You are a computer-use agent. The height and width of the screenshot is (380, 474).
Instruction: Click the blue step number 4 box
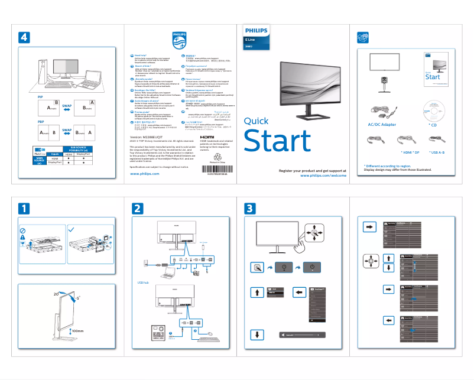24,37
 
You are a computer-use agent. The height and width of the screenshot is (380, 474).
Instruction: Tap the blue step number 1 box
24,208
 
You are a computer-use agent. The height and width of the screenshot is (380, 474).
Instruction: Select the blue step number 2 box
137,208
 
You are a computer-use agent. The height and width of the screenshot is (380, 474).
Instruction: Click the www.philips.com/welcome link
323,176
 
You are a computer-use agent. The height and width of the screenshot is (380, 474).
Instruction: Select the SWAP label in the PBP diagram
67,130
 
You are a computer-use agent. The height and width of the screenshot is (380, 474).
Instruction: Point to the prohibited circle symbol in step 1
22,229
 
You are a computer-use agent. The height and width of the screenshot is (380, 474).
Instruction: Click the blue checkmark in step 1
72,229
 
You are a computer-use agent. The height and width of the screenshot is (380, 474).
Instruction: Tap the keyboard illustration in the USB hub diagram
209,337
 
